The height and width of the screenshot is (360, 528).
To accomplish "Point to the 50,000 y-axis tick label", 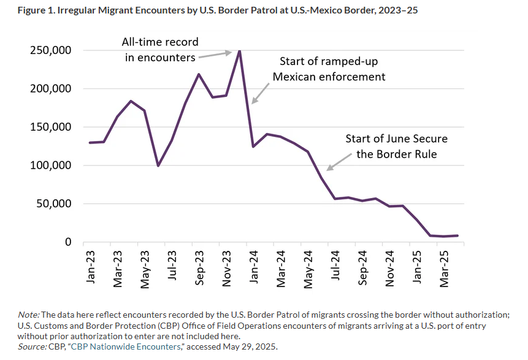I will [53, 204].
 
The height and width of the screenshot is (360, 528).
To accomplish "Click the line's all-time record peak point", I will [239, 50].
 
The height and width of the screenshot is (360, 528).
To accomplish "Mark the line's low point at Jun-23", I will [158, 166].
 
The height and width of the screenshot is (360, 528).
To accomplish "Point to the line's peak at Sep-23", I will [199, 74].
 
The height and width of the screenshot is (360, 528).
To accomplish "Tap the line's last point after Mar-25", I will [457, 236].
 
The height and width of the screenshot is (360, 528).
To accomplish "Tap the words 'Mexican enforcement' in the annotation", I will [329, 77].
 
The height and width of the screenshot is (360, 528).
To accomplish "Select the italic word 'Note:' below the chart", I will [29, 315].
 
